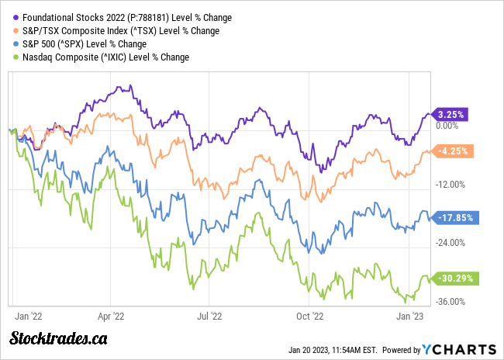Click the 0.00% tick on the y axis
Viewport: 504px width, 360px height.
pyautogui.click(x=448, y=125)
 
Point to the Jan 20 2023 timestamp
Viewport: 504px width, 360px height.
pyautogui.click(x=329, y=349)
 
